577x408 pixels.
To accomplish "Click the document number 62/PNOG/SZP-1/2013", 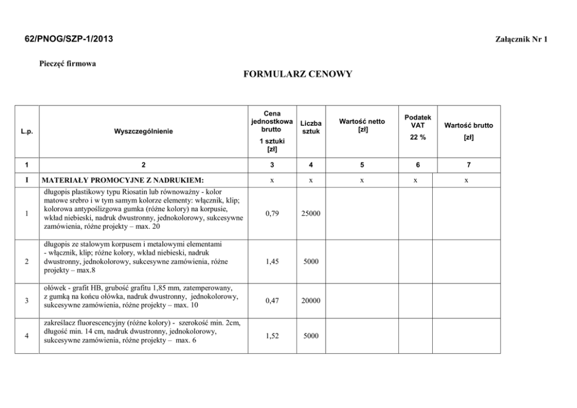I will tap(69, 39).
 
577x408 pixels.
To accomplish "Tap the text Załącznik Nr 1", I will tap(521, 40).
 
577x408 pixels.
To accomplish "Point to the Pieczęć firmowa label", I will tap(67, 63).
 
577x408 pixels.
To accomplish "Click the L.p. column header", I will tap(26, 131).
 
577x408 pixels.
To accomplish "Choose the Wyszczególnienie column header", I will tap(144, 131).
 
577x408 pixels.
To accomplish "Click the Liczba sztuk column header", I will tap(311, 127).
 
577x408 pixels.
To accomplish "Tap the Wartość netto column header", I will tap(362, 125).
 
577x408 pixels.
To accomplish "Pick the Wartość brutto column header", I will tap(468, 125).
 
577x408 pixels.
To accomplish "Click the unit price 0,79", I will tap(272, 214).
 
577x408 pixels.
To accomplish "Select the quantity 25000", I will tap(311, 214).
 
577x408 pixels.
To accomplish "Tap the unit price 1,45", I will tap(272, 262).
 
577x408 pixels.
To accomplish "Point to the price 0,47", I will tap(272, 301).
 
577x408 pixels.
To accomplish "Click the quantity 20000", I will tap(311, 301).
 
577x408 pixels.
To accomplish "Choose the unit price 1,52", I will tap(272, 336).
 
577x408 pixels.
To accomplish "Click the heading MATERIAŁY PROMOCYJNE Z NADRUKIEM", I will tap(122, 180).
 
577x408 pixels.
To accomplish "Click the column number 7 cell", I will tap(468, 165).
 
